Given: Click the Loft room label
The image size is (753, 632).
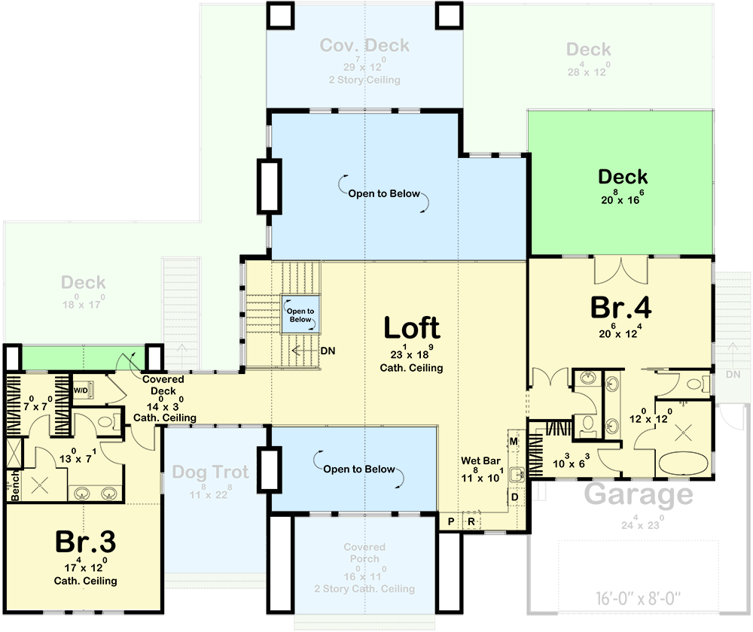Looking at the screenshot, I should click(411, 328).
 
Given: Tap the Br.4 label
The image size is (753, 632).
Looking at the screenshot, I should click(620, 308).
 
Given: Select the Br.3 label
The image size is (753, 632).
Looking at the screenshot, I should click(85, 542).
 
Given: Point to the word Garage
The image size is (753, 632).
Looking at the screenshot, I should click(639, 495).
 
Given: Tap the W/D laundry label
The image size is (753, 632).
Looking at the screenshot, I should click(81, 390).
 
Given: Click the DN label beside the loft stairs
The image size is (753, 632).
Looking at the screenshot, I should click(328, 350).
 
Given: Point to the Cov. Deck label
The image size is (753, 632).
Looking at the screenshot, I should click(364, 45).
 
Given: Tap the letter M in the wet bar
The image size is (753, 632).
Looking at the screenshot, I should click(514, 440).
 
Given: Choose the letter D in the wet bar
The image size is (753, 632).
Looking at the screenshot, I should click(514, 497).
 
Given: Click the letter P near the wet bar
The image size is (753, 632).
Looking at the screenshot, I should click(451, 521).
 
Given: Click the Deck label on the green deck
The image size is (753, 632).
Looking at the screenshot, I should click(623, 177).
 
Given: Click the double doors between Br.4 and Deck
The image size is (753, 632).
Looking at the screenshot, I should click(621, 269).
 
